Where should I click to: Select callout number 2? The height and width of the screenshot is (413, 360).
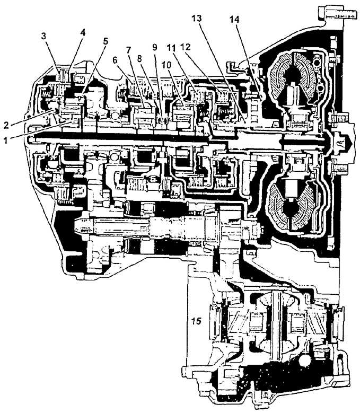[x=6, y=125]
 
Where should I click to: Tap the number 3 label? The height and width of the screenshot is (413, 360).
[x=43, y=37]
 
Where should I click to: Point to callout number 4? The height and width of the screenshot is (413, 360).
[x=83, y=32]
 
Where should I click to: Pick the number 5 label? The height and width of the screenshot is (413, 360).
[x=106, y=41]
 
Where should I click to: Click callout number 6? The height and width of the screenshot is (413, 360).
[x=115, y=60]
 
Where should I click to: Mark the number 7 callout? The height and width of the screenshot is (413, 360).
[x=128, y=49]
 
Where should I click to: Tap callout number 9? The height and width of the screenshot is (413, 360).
[x=155, y=47]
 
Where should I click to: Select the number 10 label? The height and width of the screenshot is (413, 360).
[x=166, y=65]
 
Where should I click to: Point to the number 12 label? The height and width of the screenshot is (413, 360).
[x=185, y=47]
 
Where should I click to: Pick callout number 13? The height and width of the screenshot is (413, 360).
[x=197, y=18]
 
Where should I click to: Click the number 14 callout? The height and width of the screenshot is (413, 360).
[x=234, y=19]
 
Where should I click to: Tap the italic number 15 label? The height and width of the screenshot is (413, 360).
[x=197, y=321]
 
